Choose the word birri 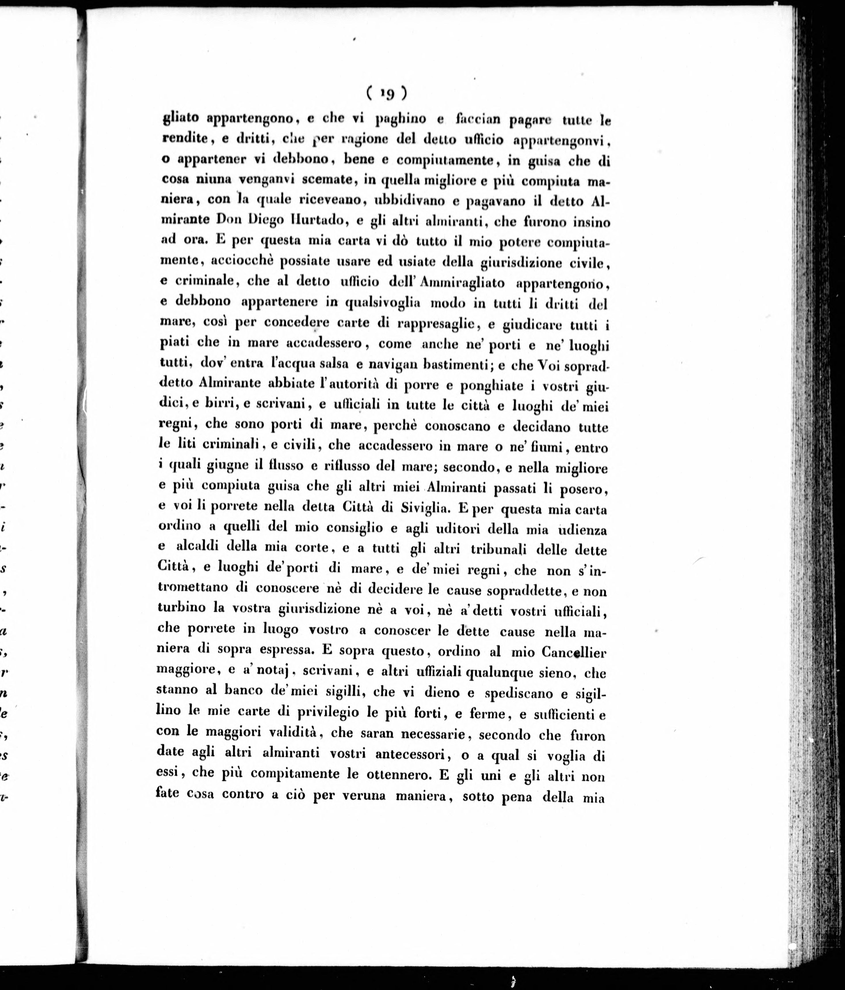pos(216,405)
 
